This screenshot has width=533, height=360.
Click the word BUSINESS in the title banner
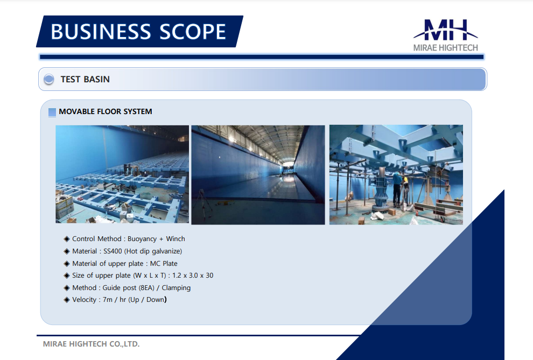pyautogui.click(x=101, y=32)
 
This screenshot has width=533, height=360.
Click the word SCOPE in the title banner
pyautogui.click(x=193, y=32)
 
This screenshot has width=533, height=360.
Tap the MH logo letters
pyautogui.click(x=446, y=30)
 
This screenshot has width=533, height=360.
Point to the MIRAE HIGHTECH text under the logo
pyautogui.click(x=446, y=48)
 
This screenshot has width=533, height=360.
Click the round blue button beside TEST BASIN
pyautogui.click(x=49, y=79)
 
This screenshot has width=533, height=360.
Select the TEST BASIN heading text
pyautogui.click(x=85, y=79)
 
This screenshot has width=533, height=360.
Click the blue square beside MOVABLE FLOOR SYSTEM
pyautogui.click(x=52, y=112)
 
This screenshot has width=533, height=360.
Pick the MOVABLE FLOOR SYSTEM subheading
pyautogui.click(x=106, y=111)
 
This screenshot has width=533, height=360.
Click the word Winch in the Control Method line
pyautogui.click(x=176, y=239)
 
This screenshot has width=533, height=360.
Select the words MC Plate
pyautogui.click(x=164, y=263)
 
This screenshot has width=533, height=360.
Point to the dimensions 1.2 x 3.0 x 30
pyautogui.click(x=193, y=276)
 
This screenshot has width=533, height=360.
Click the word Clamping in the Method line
pyautogui.click(x=176, y=288)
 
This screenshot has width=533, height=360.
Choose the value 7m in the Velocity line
pyautogui.click(x=108, y=300)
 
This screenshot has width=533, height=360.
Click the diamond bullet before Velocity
pyautogui.click(x=67, y=300)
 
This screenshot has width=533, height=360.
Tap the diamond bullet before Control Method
pyautogui.click(x=67, y=239)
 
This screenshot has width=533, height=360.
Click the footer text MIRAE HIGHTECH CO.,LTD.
pyautogui.click(x=91, y=344)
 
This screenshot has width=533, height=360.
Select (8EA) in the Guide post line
pyautogui.click(x=146, y=288)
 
